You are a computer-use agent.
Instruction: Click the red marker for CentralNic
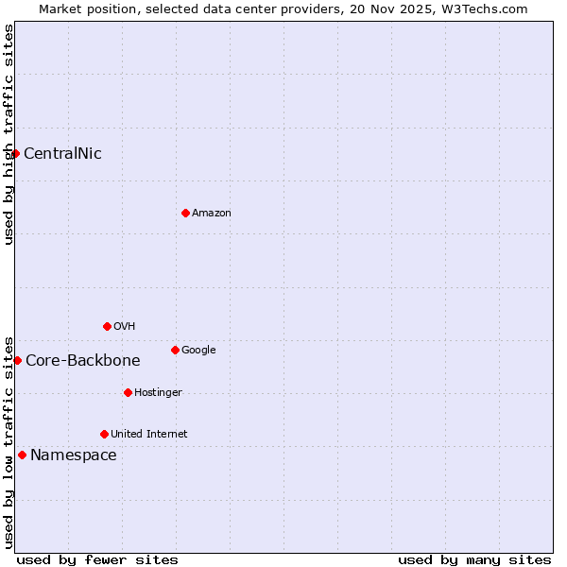(x=15, y=153)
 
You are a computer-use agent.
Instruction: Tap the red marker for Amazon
(x=185, y=213)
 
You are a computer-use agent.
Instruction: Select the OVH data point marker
(x=107, y=326)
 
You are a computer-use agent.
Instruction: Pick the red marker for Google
(x=175, y=350)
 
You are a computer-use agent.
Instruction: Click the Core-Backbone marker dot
(x=17, y=360)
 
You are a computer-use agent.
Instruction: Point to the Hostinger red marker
(x=128, y=392)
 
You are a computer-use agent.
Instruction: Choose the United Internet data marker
(x=104, y=434)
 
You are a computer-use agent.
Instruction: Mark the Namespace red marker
(x=22, y=455)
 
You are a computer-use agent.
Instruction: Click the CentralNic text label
(x=62, y=154)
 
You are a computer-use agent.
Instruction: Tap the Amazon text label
(x=212, y=214)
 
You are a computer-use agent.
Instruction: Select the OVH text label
(x=125, y=327)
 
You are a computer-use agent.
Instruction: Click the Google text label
(x=198, y=351)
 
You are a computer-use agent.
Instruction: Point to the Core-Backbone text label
(x=83, y=361)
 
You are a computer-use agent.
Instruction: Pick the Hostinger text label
(x=158, y=393)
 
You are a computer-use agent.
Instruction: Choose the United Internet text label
(x=149, y=435)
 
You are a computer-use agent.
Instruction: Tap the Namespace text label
(x=74, y=455)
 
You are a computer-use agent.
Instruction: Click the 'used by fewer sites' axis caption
(x=97, y=559)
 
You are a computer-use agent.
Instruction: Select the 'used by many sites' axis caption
(x=474, y=559)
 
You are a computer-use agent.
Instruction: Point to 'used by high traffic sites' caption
(x=9, y=134)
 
